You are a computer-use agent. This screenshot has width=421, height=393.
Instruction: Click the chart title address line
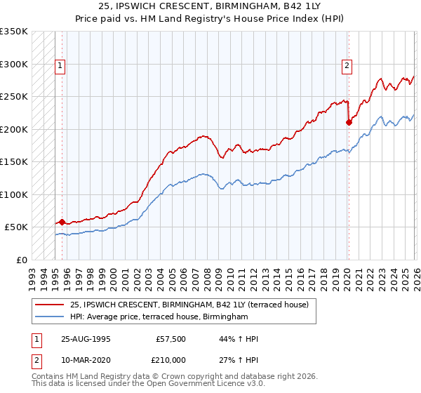click(210, 6)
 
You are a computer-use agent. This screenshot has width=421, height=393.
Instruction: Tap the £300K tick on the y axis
click(14, 64)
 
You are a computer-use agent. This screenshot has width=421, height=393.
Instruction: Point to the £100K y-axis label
click(14, 194)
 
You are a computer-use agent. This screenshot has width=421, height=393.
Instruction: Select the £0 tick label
click(21, 260)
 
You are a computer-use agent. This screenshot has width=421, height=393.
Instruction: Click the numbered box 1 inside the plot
click(60, 67)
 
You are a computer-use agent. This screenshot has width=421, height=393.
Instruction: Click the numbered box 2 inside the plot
click(347, 67)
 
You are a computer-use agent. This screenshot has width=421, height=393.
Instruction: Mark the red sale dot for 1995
click(62, 222)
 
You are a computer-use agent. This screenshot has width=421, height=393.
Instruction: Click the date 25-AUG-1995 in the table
click(86, 339)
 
